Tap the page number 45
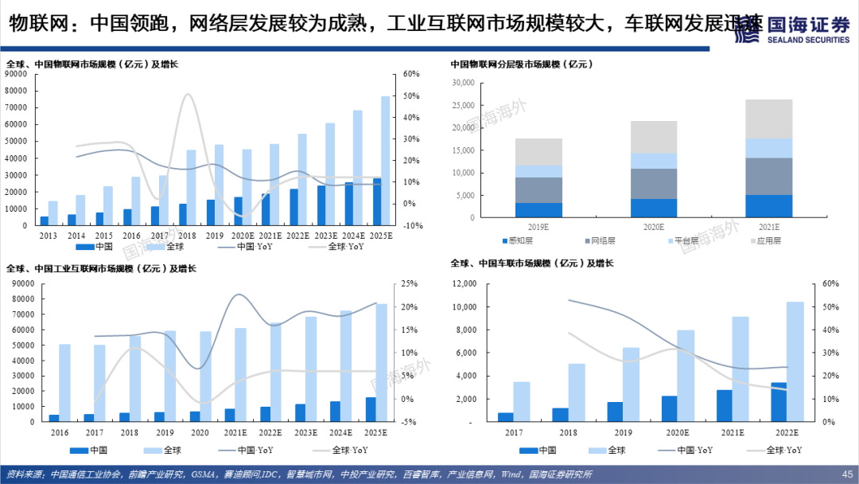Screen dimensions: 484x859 click(x=846, y=474)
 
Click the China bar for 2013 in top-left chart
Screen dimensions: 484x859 click(x=45, y=221)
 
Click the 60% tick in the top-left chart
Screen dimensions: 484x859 click(x=410, y=74)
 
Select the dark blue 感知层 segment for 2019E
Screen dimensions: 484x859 click(x=538, y=210)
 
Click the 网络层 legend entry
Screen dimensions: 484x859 click(x=601, y=240)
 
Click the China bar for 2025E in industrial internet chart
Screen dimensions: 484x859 click(x=371, y=409)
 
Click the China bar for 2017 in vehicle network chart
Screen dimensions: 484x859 click(x=505, y=416)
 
